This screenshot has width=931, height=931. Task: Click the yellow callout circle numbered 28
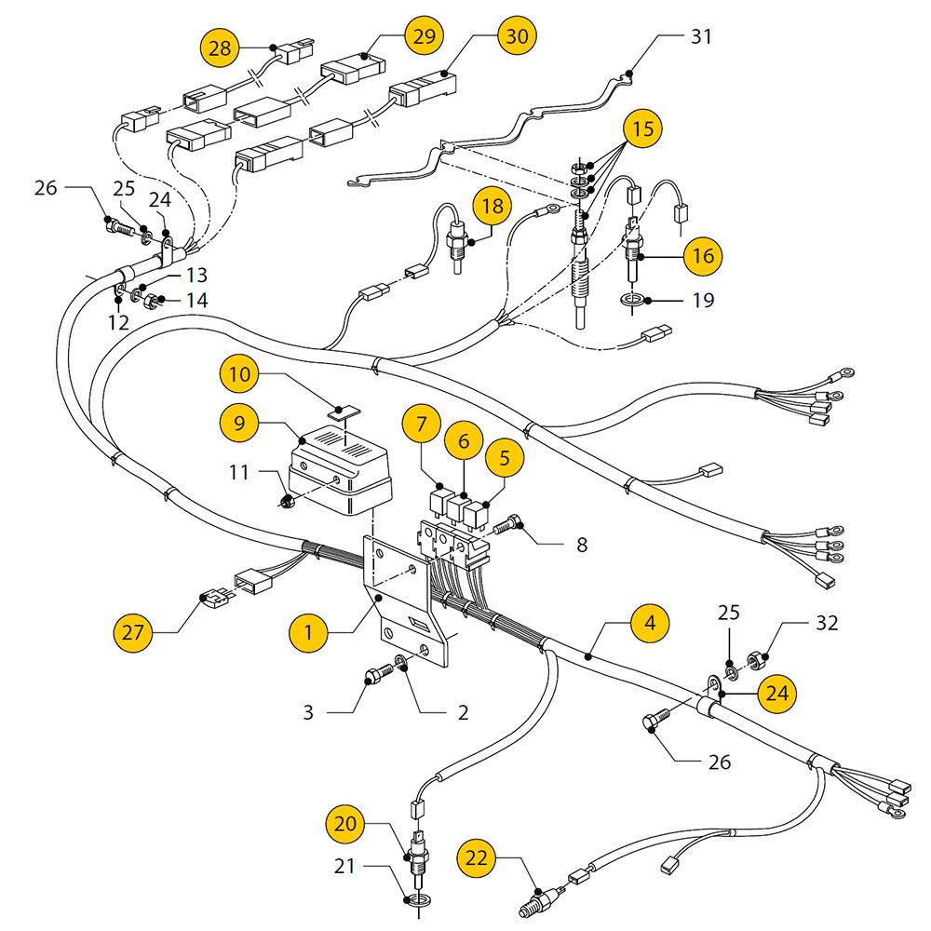(220, 47)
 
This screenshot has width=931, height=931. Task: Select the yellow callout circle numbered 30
(517, 35)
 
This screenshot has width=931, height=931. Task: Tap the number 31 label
(701, 36)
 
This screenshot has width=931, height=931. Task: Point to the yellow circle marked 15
(643, 128)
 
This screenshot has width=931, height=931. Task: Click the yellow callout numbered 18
(492, 206)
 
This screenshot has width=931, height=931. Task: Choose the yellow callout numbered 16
(703, 256)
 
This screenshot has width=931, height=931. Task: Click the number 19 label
(703, 300)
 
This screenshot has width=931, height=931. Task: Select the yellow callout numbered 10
(239, 374)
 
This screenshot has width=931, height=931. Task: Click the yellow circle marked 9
(238, 423)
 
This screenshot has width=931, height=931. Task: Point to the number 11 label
(238, 472)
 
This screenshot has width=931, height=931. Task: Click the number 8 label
(582, 545)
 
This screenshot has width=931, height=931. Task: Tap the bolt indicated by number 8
(507, 525)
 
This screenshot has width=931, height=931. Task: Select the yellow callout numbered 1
(308, 632)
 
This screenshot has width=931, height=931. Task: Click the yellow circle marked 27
(132, 633)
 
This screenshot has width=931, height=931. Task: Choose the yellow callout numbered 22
(476, 858)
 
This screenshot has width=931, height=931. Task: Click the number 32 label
(827, 623)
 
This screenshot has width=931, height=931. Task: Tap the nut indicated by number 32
(755, 659)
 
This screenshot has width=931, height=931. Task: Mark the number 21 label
(344, 866)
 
